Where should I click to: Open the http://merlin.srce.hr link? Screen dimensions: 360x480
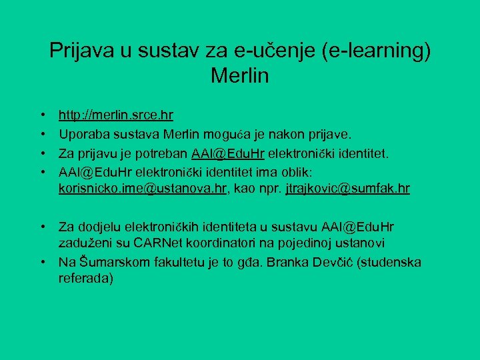(x=116, y=115)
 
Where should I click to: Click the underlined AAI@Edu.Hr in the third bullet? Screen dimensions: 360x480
(x=228, y=154)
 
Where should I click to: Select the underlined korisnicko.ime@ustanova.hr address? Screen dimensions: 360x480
(x=143, y=189)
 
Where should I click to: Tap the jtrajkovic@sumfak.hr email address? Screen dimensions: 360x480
(x=347, y=189)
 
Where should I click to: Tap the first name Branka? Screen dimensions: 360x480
(x=284, y=262)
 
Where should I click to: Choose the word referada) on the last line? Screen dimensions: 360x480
(x=86, y=279)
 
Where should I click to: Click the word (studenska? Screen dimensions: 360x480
(x=389, y=262)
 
